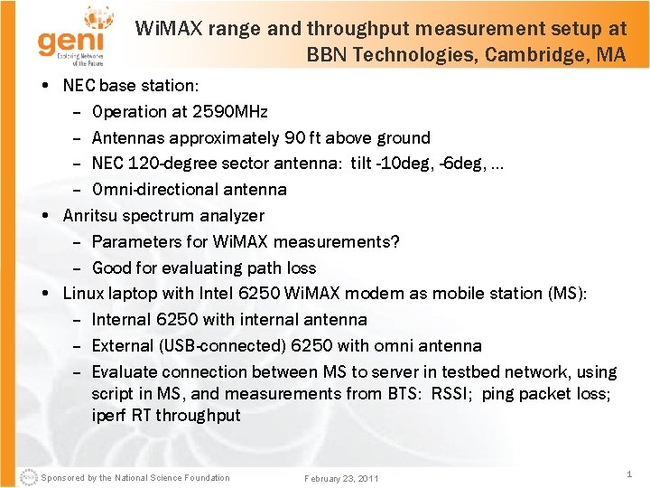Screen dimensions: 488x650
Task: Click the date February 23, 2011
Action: tap(341, 478)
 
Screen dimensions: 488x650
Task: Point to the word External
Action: tap(121, 345)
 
